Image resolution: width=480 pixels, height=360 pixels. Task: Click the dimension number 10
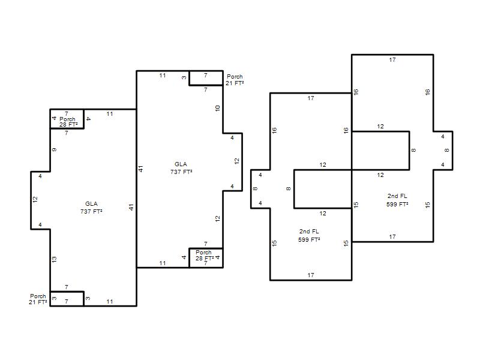coord(217,108)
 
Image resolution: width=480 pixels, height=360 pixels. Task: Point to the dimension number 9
coord(54,149)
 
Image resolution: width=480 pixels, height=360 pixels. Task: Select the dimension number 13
coord(54,259)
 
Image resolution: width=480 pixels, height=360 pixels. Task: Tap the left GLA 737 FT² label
coord(91,208)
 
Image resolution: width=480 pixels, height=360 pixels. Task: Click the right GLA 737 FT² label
coord(181,168)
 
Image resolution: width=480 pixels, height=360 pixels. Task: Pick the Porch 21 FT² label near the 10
coord(235,80)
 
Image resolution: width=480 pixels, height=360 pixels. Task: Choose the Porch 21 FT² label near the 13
coord(38,299)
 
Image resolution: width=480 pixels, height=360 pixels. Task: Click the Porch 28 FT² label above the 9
coord(68,122)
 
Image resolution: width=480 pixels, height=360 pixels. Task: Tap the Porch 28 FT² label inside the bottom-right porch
coord(204,256)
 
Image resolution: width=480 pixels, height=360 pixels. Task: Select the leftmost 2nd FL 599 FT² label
coord(309,235)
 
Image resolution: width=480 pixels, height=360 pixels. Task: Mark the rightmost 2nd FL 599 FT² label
coord(397,200)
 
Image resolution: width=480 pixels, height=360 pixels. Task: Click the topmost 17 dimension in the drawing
coord(392,59)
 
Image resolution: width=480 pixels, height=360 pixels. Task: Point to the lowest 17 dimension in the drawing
coord(311,275)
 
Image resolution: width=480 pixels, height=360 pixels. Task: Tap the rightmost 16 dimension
coord(428,92)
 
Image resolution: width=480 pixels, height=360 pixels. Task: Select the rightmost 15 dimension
coord(428,205)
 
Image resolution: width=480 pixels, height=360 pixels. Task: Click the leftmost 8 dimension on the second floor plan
coord(256,188)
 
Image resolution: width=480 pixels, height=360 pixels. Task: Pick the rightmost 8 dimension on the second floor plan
coord(447,151)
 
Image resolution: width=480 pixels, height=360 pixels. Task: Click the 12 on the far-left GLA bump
coord(35,199)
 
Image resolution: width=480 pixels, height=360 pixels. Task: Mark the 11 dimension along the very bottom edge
coord(110,302)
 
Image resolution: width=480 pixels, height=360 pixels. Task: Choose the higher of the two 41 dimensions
coord(140,169)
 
